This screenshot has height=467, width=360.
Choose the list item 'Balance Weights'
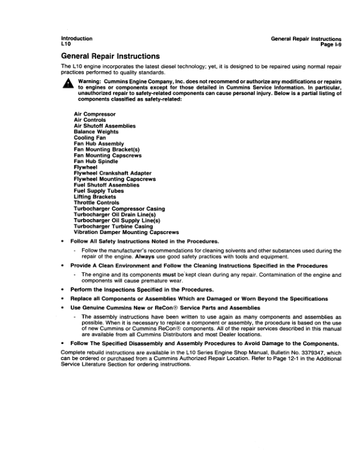[x=96, y=131]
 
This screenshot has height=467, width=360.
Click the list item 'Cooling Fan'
[x=90, y=137]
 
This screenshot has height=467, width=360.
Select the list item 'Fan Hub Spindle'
[x=96, y=161]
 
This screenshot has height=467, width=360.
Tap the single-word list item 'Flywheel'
[x=86, y=167]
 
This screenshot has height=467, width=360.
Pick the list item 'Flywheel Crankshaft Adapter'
[x=110, y=173]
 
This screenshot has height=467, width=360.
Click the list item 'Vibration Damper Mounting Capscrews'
[x=126, y=232]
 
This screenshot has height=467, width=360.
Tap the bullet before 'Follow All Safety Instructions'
[x=63, y=241]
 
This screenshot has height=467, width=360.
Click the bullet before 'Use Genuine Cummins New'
[x=63, y=308]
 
